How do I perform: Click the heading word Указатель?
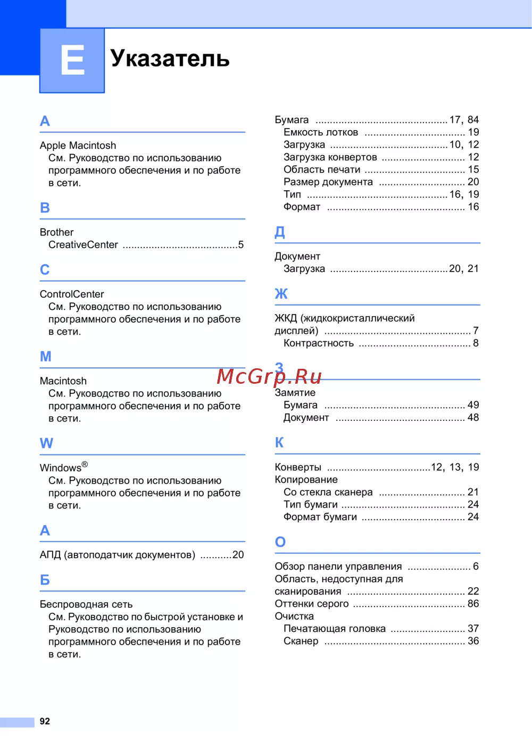click(x=170, y=58)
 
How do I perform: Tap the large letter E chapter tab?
click(x=72, y=60)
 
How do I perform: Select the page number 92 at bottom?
click(x=45, y=721)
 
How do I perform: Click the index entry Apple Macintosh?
click(x=78, y=146)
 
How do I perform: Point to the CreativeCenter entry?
click(x=83, y=245)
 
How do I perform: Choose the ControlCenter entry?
click(x=72, y=294)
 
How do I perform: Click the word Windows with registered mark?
click(x=63, y=468)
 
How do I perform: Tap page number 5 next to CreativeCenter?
click(x=241, y=245)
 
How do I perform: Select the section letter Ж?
click(x=281, y=294)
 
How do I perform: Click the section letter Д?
click(x=280, y=232)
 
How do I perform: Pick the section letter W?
click(x=46, y=443)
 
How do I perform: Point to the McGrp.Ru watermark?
click(x=269, y=376)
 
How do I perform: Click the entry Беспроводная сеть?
click(x=86, y=604)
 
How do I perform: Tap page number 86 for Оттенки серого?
click(x=473, y=604)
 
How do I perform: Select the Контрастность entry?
click(x=319, y=343)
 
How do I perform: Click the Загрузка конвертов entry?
click(x=330, y=157)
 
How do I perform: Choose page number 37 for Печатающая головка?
click(x=473, y=629)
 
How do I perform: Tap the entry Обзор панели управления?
click(x=338, y=567)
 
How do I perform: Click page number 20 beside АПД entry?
click(x=238, y=555)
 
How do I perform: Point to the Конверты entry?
click(x=298, y=467)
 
